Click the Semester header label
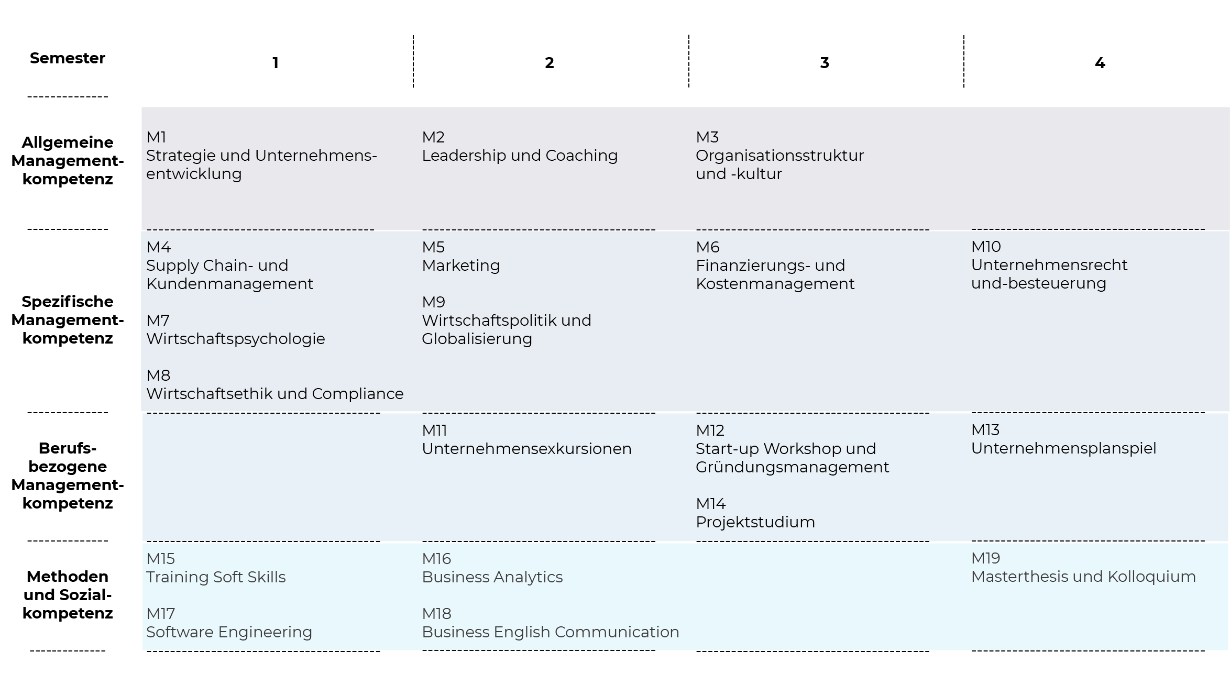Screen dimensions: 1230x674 (68, 58)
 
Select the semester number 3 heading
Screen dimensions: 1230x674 (825, 63)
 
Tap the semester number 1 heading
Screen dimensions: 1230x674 (275, 63)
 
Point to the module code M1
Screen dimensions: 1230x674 (156, 137)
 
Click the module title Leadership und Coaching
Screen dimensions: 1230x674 (520, 156)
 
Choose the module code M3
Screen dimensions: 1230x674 (707, 137)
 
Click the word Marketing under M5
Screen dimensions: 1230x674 (461, 266)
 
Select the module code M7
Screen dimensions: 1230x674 (158, 321)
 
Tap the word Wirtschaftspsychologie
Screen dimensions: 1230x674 (236, 339)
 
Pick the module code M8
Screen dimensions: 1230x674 (158, 375)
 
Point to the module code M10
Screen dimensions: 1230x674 (986, 247)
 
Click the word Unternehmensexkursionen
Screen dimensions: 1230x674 (526, 449)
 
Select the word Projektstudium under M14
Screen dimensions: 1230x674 (755, 522)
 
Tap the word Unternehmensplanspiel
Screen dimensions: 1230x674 (1063, 448)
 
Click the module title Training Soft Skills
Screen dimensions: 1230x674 (216, 577)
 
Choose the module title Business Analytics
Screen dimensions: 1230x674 (492, 577)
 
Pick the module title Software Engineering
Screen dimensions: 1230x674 (229, 632)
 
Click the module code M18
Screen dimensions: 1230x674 (436, 614)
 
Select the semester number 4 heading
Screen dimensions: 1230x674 (1100, 63)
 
